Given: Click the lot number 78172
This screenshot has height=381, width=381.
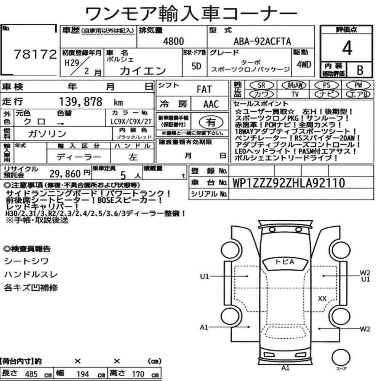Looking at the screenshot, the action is [x=35, y=54].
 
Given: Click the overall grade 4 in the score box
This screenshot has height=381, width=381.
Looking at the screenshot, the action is [x=347, y=48].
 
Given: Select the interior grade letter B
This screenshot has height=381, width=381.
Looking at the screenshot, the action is [x=360, y=70].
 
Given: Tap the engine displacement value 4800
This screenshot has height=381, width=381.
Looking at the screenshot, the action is [x=173, y=42].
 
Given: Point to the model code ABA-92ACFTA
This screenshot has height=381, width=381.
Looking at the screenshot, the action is [x=262, y=42].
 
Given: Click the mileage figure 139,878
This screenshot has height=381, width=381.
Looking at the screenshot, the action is [x=81, y=102].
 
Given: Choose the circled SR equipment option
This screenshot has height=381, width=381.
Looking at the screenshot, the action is [x=261, y=85].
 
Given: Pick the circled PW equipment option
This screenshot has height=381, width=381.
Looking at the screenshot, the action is [x=358, y=85].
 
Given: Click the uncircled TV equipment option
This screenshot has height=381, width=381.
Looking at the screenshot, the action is [x=295, y=94].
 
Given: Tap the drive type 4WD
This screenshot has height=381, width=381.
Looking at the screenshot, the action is [x=304, y=65].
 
